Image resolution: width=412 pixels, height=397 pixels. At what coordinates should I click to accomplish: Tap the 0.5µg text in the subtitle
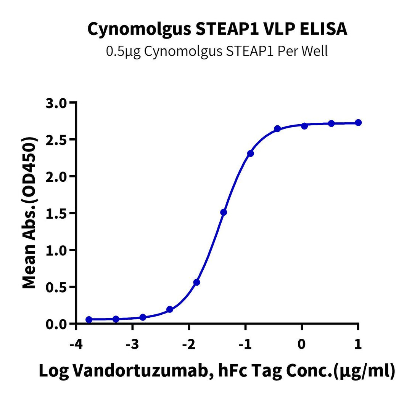tap(119, 51)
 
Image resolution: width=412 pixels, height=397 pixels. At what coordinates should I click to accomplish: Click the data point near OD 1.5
tap(224, 212)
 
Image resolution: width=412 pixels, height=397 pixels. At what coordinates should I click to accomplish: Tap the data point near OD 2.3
tap(250, 154)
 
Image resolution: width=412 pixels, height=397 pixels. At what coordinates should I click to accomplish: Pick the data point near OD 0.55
tap(197, 282)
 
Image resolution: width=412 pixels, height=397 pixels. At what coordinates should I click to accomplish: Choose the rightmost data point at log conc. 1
tap(358, 123)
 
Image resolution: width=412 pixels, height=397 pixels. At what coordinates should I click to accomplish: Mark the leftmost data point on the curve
tap(89, 319)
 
